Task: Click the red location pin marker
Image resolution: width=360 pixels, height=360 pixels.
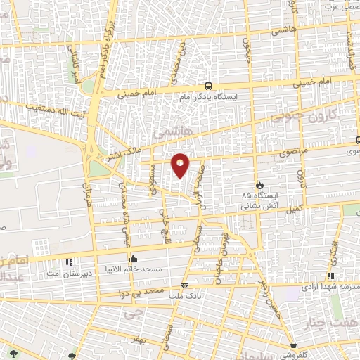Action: (180, 165)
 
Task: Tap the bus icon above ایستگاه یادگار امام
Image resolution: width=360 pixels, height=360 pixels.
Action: (208, 85)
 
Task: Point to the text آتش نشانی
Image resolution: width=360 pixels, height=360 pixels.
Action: (262, 207)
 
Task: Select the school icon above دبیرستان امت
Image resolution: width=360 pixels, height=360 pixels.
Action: (69, 262)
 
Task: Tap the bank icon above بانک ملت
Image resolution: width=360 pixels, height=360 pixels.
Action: (184, 285)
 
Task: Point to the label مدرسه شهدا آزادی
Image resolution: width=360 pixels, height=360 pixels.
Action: (331, 287)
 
